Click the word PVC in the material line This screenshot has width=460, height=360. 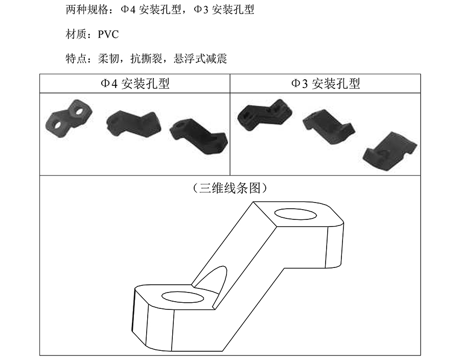pyautogui.click(x=108, y=35)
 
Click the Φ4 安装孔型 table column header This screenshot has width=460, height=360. pyautogui.click(x=135, y=84)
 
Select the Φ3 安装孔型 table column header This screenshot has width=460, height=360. pyautogui.click(x=326, y=84)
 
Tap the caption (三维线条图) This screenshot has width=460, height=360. pyautogui.click(x=230, y=188)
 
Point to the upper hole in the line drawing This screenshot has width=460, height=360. pyautogui.click(x=295, y=214)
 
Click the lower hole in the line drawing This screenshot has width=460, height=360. pyautogui.click(x=183, y=297)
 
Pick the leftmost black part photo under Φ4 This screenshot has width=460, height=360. pyautogui.click(x=68, y=118)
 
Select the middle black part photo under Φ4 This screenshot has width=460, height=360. pyautogui.click(x=133, y=124)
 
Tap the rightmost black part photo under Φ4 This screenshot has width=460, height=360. pyautogui.click(x=199, y=136)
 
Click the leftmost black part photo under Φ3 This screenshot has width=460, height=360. pyautogui.click(x=265, y=115)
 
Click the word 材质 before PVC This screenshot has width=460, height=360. pyautogui.click(x=76, y=35)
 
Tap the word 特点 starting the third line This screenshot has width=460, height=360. pyautogui.click(x=76, y=59)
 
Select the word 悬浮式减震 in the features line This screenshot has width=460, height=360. pyautogui.click(x=200, y=59)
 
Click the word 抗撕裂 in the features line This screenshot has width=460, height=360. pyautogui.click(x=146, y=59)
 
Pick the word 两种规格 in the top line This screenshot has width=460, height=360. pyautogui.click(x=87, y=10)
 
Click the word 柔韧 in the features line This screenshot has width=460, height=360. pyautogui.click(x=108, y=59)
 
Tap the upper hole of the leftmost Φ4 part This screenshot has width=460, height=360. pyautogui.click(x=79, y=111)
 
